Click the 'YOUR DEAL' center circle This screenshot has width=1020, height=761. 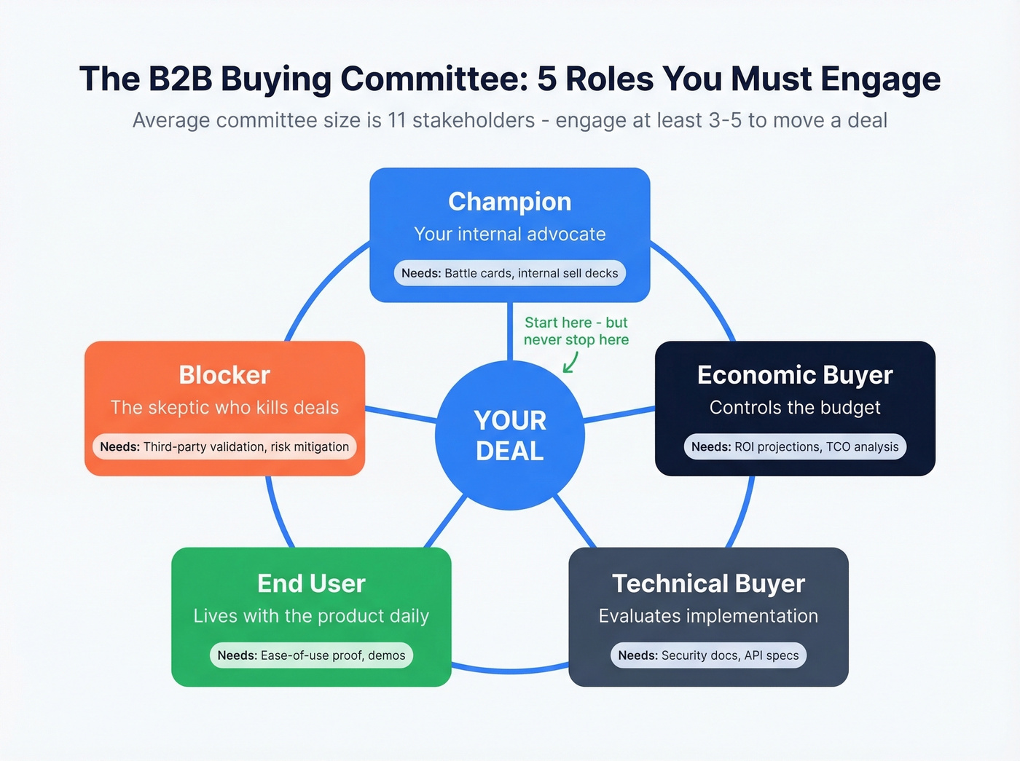pyautogui.click(x=510, y=435)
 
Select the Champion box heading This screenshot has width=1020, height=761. pyautogui.click(x=510, y=202)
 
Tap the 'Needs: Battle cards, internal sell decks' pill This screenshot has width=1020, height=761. pyautogui.click(x=510, y=273)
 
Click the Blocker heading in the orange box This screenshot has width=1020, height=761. pyautogui.click(x=224, y=375)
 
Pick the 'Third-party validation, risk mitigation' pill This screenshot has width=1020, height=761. pyautogui.click(x=224, y=447)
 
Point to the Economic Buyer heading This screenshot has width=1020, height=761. pyautogui.click(x=795, y=375)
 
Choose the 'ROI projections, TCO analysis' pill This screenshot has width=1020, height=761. pyautogui.click(x=795, y=447)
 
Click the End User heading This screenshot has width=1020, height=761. pyautogui.click(x=311, y=583)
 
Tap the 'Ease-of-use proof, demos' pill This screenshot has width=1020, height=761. pyautogui.click(x=311, y=655)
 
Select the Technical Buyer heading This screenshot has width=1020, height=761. pyautogui.click(x=708, y=583)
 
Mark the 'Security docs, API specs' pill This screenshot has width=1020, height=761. pyautogui.click(x=708, y=655)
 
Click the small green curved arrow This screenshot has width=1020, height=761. pyautogui.click(x=570, y=363)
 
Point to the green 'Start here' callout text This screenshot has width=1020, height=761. pyautogui.click(x=576, y=331)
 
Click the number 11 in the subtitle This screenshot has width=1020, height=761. pyautogui.click(x=396, y=120)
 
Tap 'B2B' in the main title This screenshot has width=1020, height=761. pyautogui.click(x=181, y=79)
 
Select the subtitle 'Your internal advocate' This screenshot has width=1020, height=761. pyautogui.click(x=510, y=234)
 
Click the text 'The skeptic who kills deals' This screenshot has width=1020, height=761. pyautogui.click(x=224, y=408)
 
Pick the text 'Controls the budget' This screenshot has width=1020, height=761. pyautogui.click(x=795, y=408)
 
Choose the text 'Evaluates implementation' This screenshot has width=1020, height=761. pyautogui.click(x=708, y=616)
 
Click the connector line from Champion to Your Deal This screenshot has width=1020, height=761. pyautogui.click(x=510, y=331)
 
